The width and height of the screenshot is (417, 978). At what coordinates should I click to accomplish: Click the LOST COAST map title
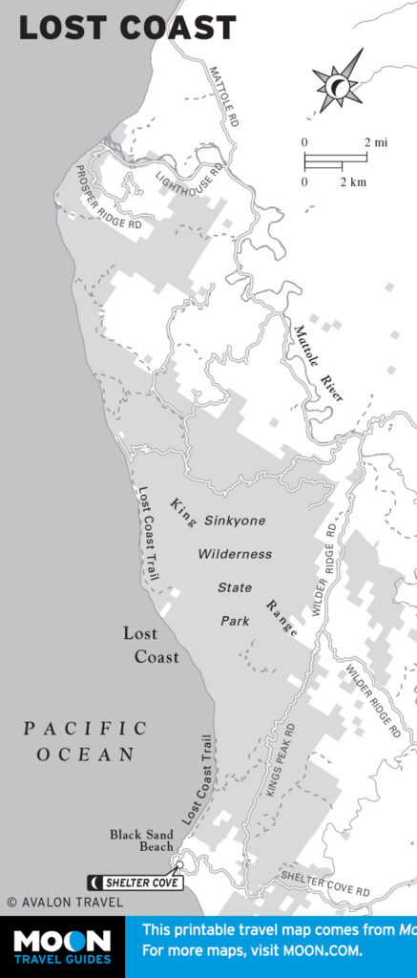click(127, 28)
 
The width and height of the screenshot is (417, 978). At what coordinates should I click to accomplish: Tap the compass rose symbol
click(338, 84)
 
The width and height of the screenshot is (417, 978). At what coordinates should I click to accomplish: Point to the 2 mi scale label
click(376, 142)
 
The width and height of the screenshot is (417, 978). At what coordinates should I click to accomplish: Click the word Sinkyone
click(233, 521)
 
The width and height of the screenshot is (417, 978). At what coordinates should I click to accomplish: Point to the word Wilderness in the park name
click(235, 554)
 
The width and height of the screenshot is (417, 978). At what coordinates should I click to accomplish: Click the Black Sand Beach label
click(141, 840)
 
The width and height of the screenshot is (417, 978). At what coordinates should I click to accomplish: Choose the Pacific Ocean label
click(86, 741)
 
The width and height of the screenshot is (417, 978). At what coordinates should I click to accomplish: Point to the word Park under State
click(235, 621)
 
